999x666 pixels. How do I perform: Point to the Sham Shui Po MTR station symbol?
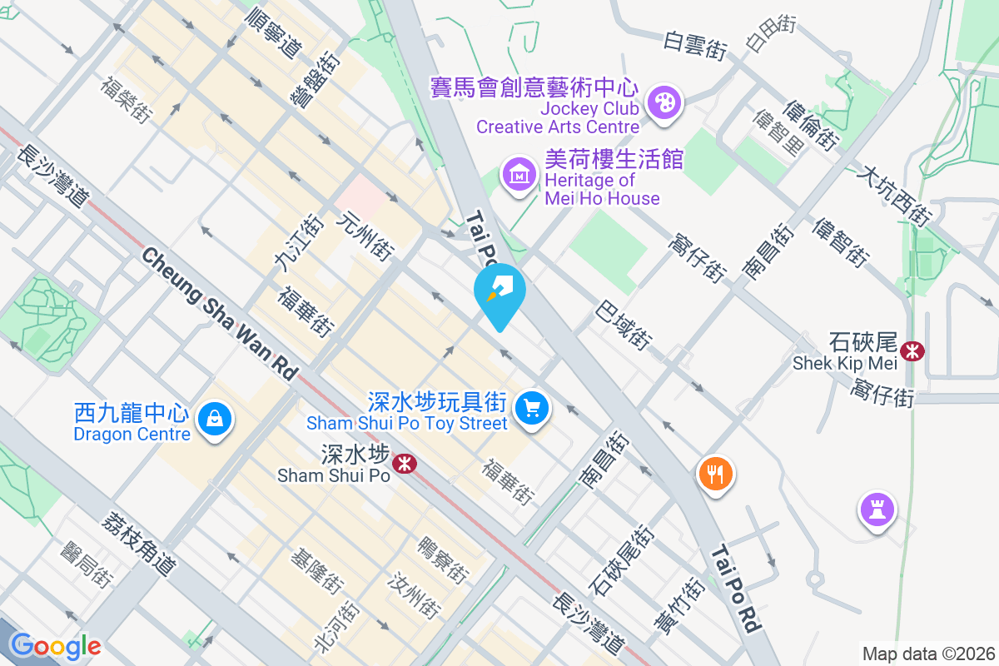pyautogui.click(x=405, y=463)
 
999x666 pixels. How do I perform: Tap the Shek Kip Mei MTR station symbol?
pyautogui.click(x=913, y=350)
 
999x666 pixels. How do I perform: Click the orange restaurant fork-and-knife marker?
pyautogui.click(x=715, y=475)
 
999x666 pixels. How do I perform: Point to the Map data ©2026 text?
pyautogui.click(x=928, y=654)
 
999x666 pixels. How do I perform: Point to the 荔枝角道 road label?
pyautogui.click(x=139, y=542)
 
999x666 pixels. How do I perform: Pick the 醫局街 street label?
pyautogui.click(x=87, y=565)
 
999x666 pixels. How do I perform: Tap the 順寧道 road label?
pyautogui.click(x=274, y=33)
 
